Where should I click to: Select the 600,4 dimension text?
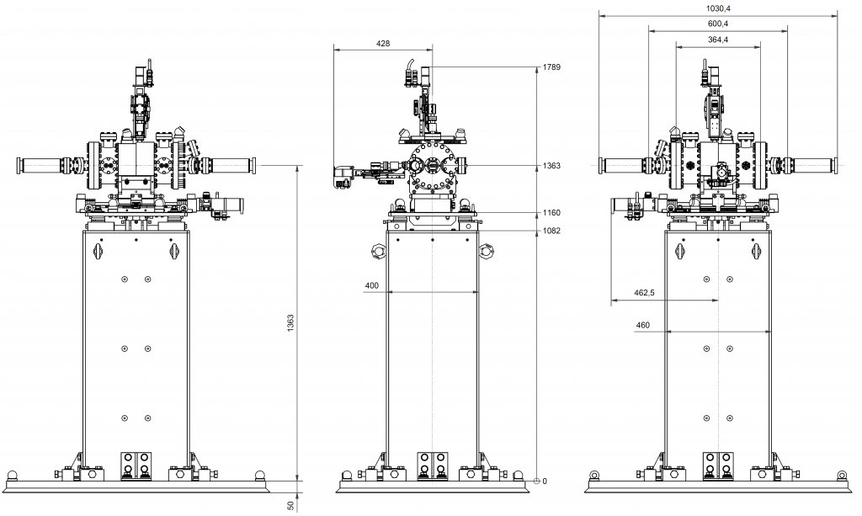tap(717, 24)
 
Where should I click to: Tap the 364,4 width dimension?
tap(717, 40)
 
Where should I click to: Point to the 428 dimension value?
tap(382, 43)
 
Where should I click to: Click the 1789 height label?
tap(552, 66)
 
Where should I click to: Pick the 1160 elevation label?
tap(552, 213)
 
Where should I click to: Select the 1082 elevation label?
tap(552, 230)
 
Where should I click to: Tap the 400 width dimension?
tap(372, 286)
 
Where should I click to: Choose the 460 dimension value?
tap(643, 325)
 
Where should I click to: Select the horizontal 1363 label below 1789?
tap(552, 166)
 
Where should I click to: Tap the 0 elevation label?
tap(545, 481)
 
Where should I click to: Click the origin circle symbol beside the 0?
tap(537, 481)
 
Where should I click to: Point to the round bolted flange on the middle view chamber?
tap(432, 167)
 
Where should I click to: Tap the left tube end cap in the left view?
tap(19, 164)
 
